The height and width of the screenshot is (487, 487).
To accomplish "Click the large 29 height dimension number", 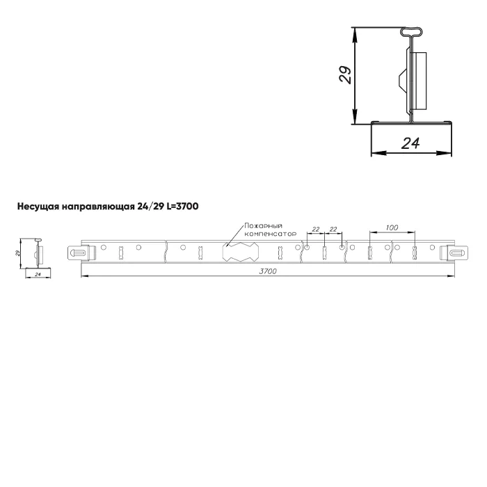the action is (345, 74).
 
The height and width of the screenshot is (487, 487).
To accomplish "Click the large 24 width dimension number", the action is (410, 143).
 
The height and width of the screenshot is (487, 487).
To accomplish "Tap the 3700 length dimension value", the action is (268, 271).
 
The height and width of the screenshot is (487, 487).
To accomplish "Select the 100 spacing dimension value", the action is (392, 227).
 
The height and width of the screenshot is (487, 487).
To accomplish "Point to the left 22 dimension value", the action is (316, 229).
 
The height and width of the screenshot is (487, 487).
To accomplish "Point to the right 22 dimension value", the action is (333, 229).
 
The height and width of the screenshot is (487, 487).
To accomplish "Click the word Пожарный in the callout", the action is (264, 226).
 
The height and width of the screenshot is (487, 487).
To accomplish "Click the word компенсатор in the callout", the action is (270, 234).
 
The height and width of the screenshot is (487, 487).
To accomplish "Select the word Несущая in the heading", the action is (38, 207).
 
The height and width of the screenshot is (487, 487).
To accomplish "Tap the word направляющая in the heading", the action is (97, 207).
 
